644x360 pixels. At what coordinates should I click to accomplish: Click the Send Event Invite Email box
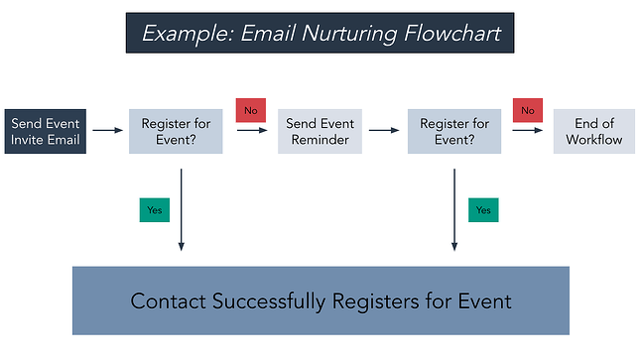coord(46,132)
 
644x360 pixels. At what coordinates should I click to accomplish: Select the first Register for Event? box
coord(176,132)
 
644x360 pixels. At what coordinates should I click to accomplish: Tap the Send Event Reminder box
coord(320,132)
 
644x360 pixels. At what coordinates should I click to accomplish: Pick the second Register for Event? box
coord(454,132)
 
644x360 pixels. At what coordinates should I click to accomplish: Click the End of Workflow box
coord(593,132)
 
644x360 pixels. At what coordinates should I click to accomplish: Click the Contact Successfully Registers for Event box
coord(321,300)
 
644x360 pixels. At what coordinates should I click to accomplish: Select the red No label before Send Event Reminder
coord(250,110)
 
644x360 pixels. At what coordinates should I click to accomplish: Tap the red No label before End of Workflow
coord(527,110)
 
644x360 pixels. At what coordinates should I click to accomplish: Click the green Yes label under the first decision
coord(155,210)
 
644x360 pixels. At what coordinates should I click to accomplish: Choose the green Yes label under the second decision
coord(483,210)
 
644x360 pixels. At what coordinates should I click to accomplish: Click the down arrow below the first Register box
coord(182,208)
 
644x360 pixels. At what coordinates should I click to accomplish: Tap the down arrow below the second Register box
coord(454,208)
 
